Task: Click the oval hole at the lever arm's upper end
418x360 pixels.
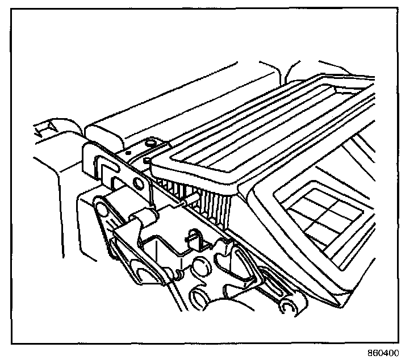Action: (x=102, y=211)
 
